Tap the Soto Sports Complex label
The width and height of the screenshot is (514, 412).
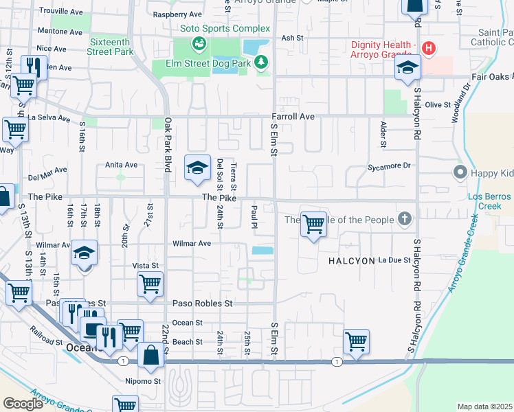pyautogui.click(x=225, y=29)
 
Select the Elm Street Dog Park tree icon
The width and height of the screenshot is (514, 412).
pyautogui.click(x=261, y=64)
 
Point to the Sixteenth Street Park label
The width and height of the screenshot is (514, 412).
pyautogui.click(x=111, y=46)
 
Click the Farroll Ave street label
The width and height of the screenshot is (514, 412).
pyautogui.click(x=292, y=117)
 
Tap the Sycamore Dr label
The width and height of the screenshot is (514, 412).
pyautogui.click(x=388, y=165)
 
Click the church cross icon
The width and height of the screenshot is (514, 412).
pyautogui.click(x=405, y=220)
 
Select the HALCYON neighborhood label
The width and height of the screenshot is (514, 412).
pyautogui.click(x=350, y=261)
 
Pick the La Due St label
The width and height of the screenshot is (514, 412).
pyautogui.click(x=394, y=260)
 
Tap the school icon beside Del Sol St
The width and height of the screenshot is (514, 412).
pyautogui.click(x=197, y=168)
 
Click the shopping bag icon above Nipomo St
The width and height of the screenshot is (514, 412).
pyautogui.click(x=151, y=356)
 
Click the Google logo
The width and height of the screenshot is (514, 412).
pyautogui.click(x=23, y=403)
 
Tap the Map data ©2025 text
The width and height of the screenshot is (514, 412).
pyautogui.click(x=484, y=407)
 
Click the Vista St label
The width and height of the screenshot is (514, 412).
pyautogui.click(x=145, y=265)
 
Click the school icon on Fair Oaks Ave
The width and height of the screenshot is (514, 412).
pyautogui.click(x=407, y=69)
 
